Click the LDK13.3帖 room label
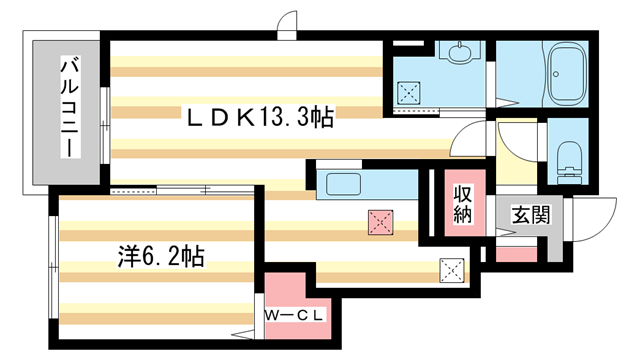tap(260, 117)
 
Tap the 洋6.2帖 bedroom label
tap(161, 256)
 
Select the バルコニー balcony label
tap(70, 107)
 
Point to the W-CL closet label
tap(294, 315)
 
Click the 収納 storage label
tap(463, 205)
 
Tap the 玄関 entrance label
tap(531, 215)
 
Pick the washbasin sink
tap(460, 52)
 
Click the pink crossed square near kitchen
tap(380, 222)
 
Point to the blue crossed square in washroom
tap(409, 93)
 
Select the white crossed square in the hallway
tap(452, 270)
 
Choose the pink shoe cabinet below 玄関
tap(516, 255)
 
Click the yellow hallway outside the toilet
tap(516, 152)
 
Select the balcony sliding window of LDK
tap(105, 125)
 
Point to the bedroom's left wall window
tap(53, 267)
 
